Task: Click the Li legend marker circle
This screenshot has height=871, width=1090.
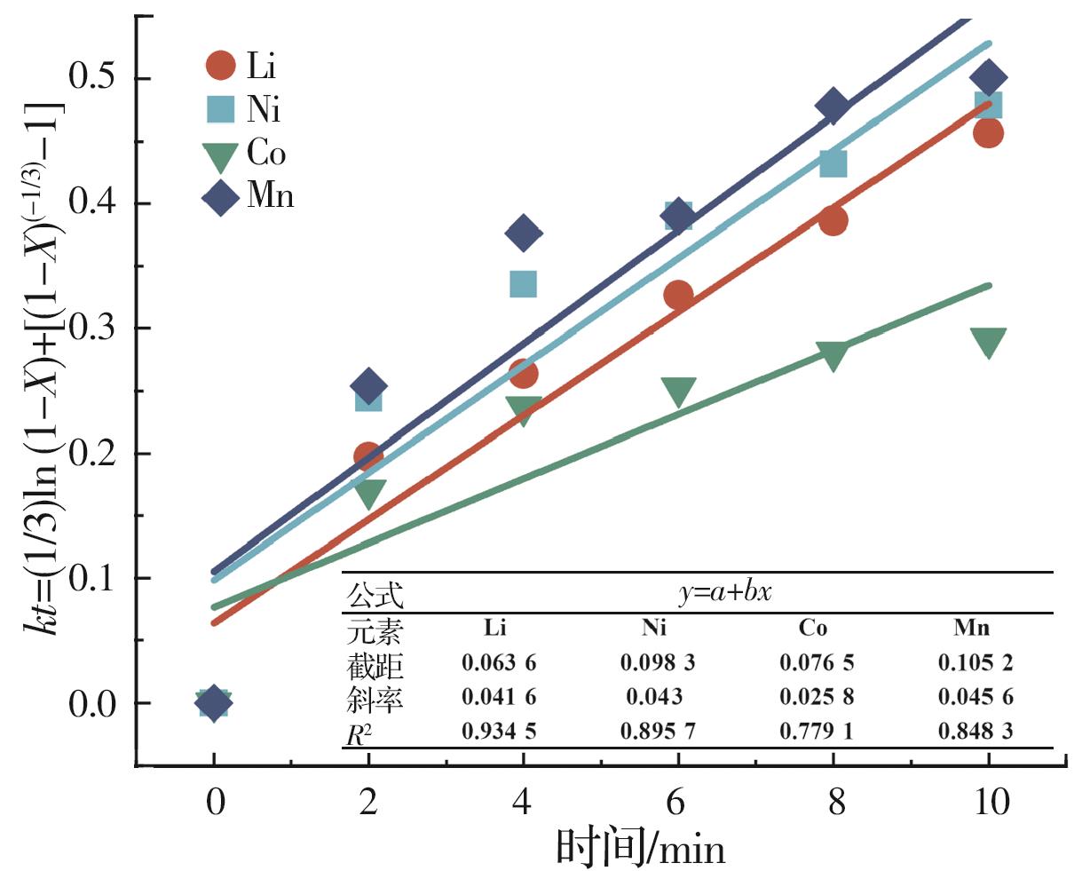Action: [220, 65]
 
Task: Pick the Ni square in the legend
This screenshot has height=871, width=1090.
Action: [220, 109]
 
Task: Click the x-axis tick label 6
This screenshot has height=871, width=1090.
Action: [678, 803]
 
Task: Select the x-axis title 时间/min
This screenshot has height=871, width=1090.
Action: [640, 846]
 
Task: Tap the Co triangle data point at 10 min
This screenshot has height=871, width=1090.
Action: [988, 342]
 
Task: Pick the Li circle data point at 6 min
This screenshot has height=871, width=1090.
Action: [678, 296]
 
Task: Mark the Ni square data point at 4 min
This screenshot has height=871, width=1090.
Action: [524, 284]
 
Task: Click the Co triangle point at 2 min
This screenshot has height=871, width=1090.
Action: [368, 494]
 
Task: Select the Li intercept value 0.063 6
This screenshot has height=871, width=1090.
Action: [499, 662]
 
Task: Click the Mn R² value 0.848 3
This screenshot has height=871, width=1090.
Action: [975, 732]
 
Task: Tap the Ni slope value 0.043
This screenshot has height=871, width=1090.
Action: [654, 698]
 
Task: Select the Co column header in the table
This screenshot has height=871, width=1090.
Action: [813, 629]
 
